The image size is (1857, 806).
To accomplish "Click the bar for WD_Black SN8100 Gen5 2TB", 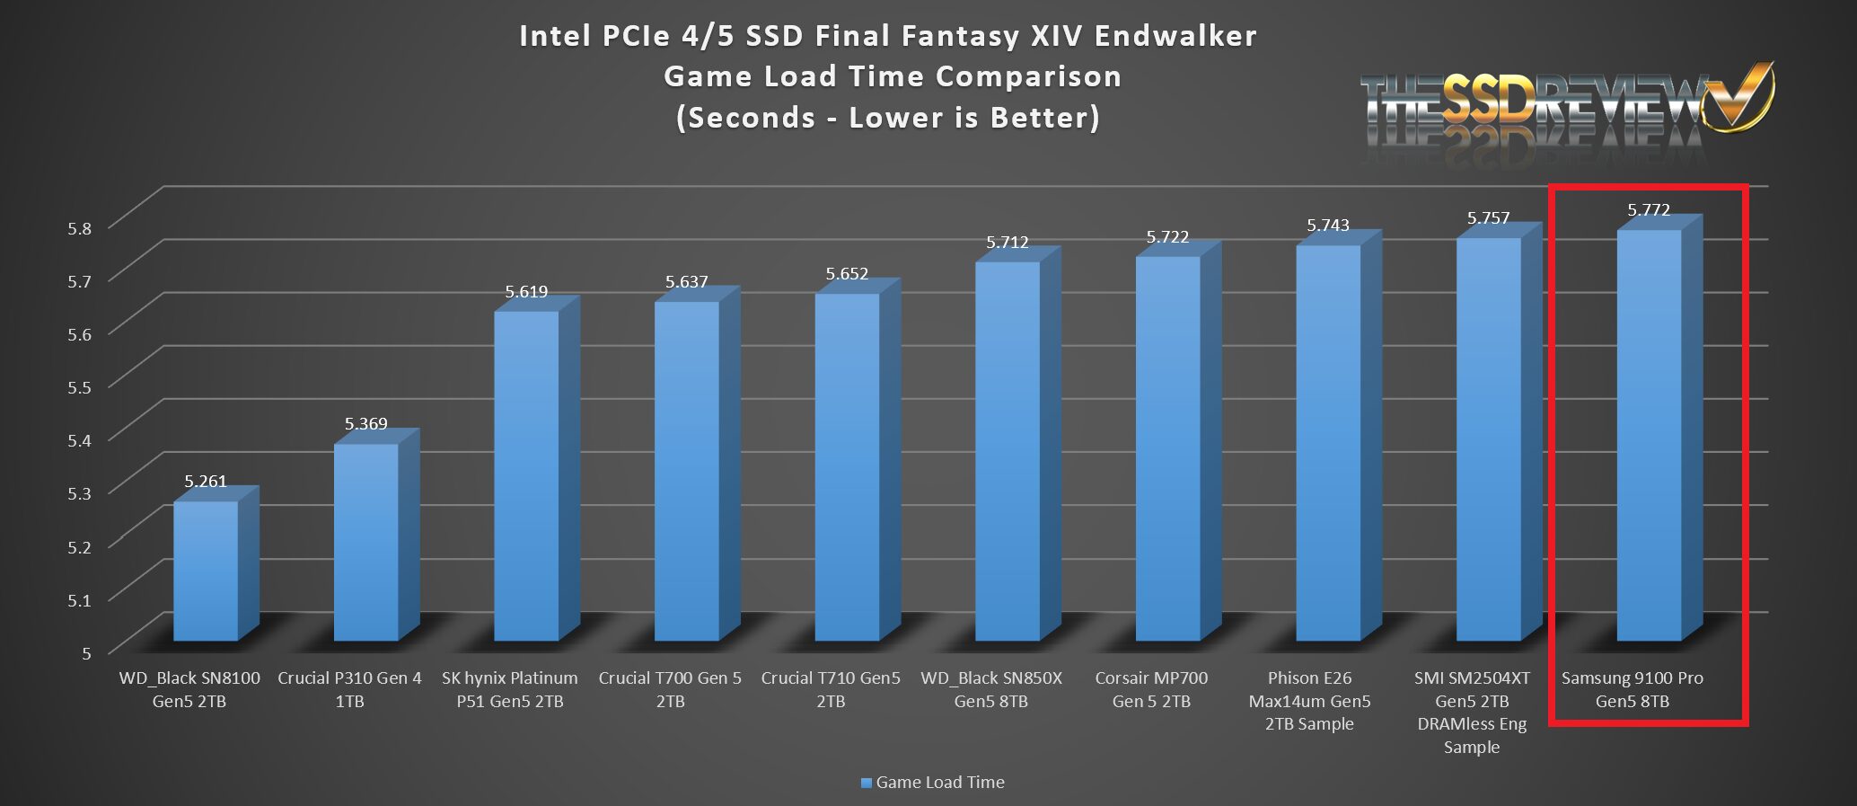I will pos(206,571).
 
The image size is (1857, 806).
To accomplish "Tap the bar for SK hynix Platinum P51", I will pos(526,475).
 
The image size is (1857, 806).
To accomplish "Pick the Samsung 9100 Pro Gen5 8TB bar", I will pos(1649,435).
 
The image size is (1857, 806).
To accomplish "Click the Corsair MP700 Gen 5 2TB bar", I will pos(1167,448).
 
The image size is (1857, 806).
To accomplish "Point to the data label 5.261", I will pos(206,482).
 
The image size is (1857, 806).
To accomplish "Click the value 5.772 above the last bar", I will pos(1649,210).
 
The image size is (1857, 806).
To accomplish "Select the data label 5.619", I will pos(526,292).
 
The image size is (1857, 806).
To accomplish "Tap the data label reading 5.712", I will pos(1008,243).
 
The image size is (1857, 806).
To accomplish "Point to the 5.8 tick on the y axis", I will pos(80,228).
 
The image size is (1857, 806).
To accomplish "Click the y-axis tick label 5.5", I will pos(80,387).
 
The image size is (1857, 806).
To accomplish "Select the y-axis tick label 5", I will pos(86,653).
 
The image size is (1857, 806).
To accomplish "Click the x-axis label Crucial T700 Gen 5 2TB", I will pos(670,689).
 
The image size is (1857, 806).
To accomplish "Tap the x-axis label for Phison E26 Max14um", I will pos(1309,701).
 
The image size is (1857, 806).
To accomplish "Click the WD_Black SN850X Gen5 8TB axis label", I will pos(991,689).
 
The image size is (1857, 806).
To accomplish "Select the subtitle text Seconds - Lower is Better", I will pos(888,118).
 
